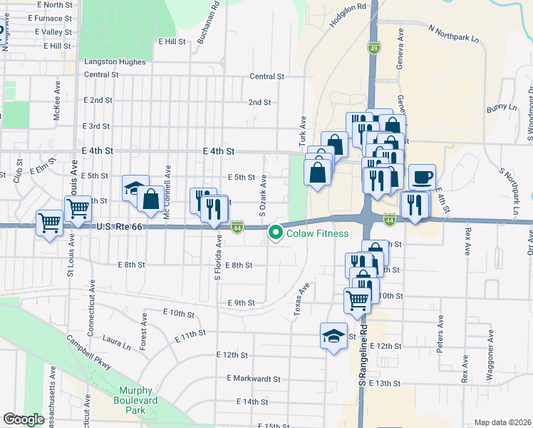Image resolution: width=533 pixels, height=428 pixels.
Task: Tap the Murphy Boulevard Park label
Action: click(x=135, y=395)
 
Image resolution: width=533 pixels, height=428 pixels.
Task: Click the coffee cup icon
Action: click(x=422, y=177)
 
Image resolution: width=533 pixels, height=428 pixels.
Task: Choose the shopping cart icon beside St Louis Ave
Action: click(x=77, y=208)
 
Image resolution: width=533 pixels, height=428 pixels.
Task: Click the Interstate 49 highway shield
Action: click(x=374, y=48)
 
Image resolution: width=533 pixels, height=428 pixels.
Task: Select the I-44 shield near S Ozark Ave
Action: click(x=239, y=227)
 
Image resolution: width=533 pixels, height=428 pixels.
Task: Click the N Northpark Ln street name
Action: click(x=453, y=33)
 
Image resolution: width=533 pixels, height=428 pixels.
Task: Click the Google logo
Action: click(x=24, y=419)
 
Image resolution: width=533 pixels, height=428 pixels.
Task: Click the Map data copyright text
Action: click(x=502, y=422)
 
